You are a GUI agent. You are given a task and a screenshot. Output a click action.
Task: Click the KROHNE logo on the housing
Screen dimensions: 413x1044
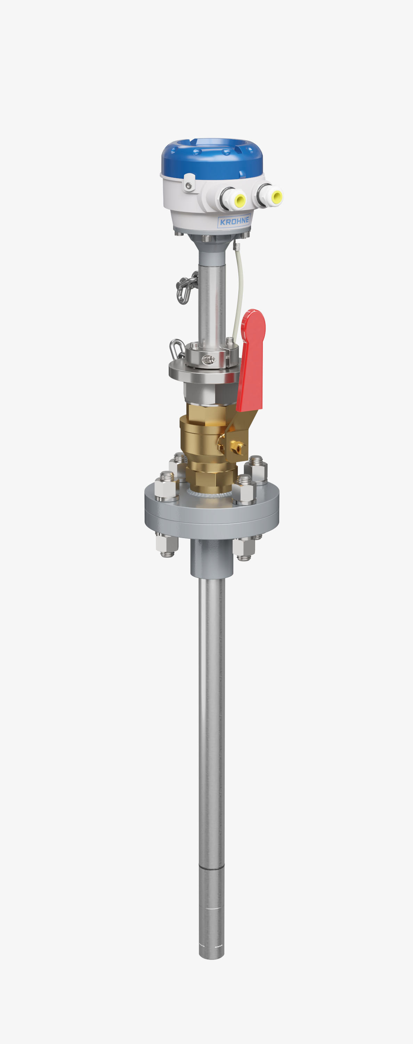[x=234, y=221]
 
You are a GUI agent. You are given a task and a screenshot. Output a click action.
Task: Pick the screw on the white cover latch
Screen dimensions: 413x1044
[x=188, y=185]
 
